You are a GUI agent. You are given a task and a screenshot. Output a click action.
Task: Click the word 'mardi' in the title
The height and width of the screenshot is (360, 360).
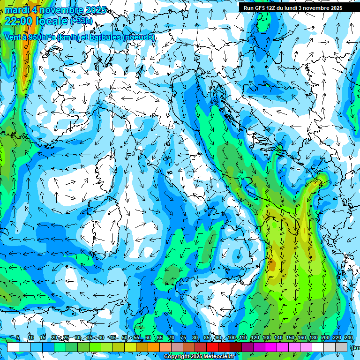tap(16, 10)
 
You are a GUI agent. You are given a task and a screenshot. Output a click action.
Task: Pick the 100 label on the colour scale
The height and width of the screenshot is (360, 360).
tap(232, 338)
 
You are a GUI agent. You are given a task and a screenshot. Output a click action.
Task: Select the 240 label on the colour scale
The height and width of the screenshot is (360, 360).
tap(348, 338)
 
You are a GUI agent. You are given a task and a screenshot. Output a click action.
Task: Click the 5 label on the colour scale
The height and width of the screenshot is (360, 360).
tap(18, 338)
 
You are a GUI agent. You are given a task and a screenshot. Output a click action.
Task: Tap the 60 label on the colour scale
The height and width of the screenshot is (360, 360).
tap(148, 338)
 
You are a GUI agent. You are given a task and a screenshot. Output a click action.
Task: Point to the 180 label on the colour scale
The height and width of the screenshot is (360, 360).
tap(313, 338)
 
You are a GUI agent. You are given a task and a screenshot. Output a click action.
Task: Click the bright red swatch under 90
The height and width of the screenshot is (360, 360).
tap(212, 347)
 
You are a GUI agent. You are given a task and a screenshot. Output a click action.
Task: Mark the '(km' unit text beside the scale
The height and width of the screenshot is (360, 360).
tap(356, 348)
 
